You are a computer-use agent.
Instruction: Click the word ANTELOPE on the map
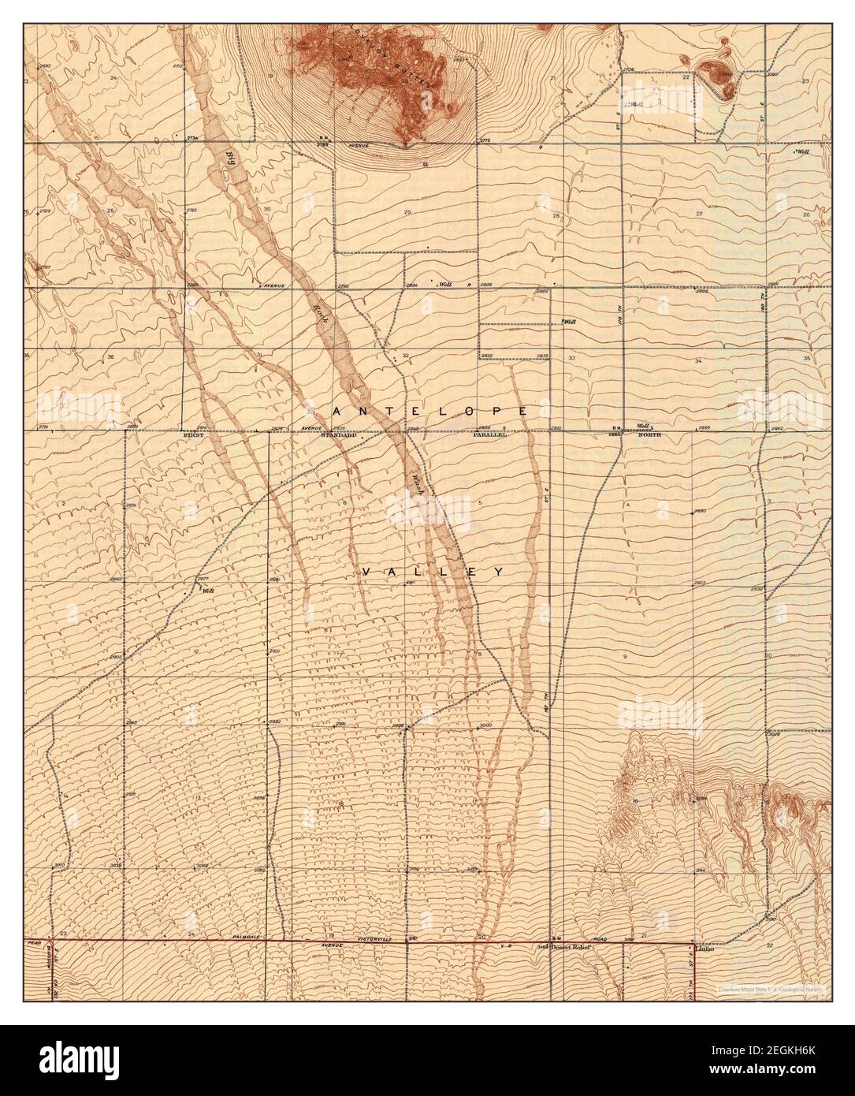tap(429, 412)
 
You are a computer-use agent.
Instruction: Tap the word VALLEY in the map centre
tap(433, 571)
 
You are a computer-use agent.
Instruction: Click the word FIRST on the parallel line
tap(193, 435)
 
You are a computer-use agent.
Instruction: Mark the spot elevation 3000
tap(485, 725)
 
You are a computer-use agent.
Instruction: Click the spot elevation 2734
tap(192, 138)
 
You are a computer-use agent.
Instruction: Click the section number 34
tap(698, 360)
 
